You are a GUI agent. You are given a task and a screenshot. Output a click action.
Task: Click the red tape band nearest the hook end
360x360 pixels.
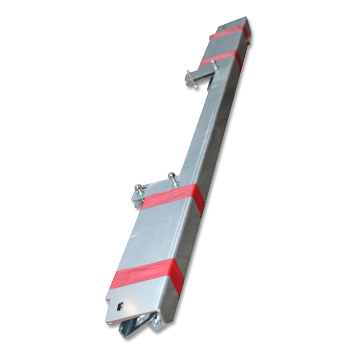pyautogui.click(x=147, y=276)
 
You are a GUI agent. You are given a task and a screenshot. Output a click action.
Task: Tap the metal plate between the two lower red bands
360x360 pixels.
pyautogui.click(x=157, y=237)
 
